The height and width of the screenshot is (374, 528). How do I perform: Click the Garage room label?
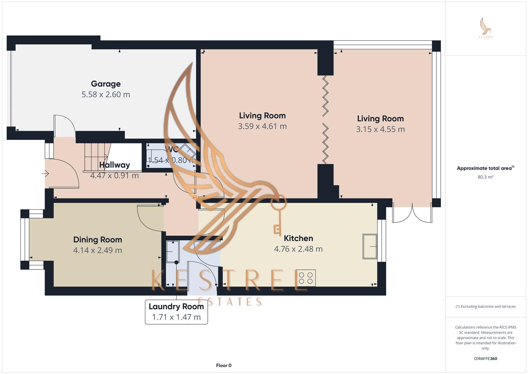coord(105,84)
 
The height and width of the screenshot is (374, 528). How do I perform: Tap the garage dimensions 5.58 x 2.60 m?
coord(105,95)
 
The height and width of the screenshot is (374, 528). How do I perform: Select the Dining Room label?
coord(98,240)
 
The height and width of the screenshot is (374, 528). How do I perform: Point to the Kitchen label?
coord(298,238)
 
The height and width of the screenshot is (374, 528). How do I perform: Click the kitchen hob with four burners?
coord(306,278)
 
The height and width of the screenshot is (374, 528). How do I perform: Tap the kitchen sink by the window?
coord(369,246)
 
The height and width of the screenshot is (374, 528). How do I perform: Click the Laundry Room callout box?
coord(176,312)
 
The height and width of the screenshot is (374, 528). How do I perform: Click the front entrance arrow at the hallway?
coord(46,174)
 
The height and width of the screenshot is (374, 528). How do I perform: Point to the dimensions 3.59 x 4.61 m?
coord(262,126)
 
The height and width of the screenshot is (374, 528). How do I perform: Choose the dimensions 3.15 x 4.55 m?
coord(380,129)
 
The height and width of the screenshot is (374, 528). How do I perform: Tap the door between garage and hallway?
coord(64,126)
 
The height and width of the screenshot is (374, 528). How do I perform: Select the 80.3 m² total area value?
coord(485,177)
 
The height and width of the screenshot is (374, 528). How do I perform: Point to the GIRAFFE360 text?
coord(485,359)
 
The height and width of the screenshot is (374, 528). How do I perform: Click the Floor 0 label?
coord(223,365)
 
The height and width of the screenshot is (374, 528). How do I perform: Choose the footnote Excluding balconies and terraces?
coord(485,306)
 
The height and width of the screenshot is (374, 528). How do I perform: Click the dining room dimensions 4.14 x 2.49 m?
coord(98,250)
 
